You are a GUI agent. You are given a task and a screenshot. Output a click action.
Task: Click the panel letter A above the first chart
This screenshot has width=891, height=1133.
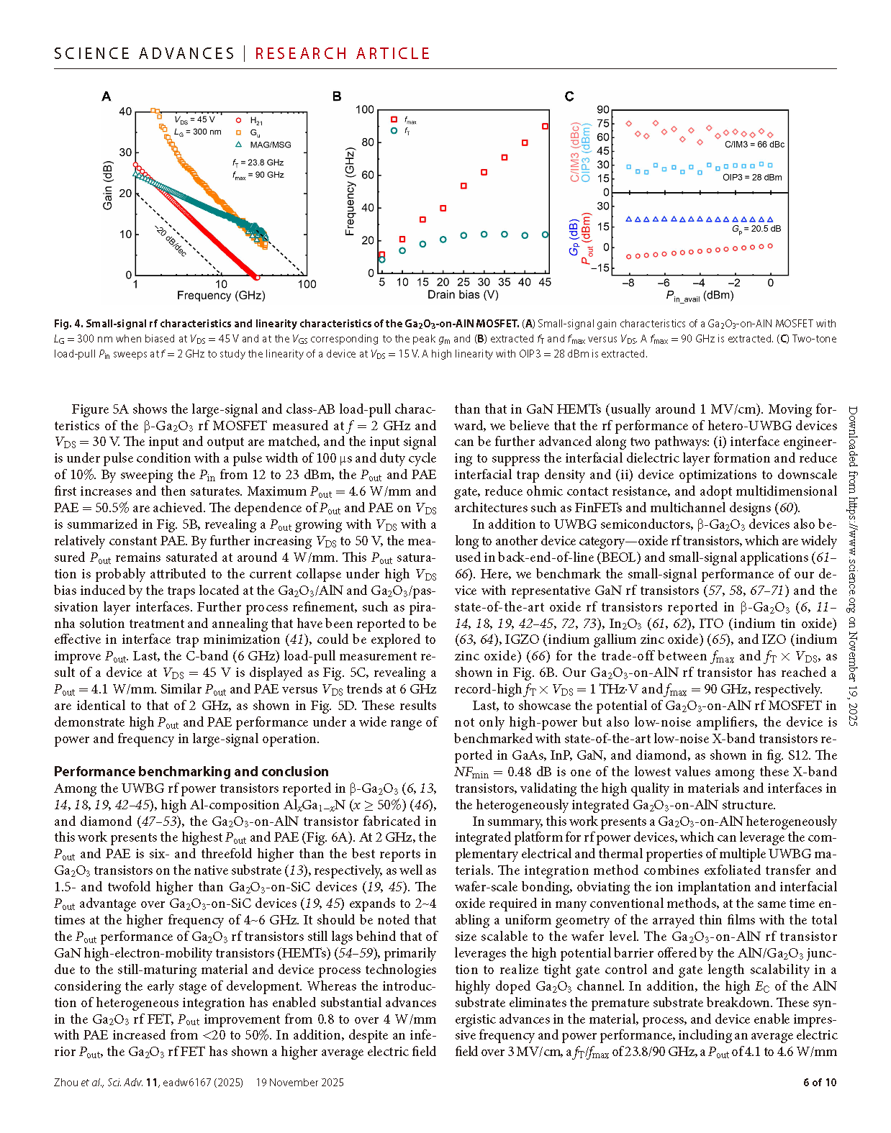coord(107,96)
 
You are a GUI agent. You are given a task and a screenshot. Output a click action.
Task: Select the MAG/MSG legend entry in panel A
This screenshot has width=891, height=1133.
coord(271,145)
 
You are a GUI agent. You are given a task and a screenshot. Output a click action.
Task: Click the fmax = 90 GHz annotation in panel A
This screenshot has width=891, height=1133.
coord(258,175)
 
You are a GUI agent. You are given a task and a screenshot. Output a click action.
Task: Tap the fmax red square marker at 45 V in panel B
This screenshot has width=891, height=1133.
coord(545,127)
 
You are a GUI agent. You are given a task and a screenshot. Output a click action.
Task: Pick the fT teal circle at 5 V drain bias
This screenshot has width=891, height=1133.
coord(382,259)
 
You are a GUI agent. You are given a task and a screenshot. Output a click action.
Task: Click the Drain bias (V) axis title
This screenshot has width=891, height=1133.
coord(463,295)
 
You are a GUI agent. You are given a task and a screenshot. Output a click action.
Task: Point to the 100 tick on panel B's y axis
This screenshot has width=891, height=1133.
coord(365,110)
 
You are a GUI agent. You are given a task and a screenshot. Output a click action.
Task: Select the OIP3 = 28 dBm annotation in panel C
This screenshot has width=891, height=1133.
coord(752,178)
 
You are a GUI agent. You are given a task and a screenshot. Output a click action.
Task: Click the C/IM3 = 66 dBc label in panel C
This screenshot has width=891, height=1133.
coord(754,145)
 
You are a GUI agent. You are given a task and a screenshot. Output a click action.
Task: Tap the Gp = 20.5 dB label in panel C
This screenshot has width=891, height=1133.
coord(756,229)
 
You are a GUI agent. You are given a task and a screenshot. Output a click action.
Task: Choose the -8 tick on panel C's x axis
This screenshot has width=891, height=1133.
coord(628,283)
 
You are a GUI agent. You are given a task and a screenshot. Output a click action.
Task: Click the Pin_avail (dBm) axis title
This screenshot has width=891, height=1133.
coord(700,296)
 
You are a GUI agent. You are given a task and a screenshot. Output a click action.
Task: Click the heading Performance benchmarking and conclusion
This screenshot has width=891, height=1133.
coord(191,772)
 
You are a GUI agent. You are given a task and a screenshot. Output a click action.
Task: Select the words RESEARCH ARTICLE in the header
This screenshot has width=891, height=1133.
coord(343,54)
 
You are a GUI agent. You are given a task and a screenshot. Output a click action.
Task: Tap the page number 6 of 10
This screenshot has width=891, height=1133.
coord(820,1083)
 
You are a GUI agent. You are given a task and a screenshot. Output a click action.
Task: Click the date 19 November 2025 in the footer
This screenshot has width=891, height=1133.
coord(300,1083)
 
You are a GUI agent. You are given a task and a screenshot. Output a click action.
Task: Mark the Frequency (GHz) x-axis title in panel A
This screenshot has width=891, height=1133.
coord(221,296)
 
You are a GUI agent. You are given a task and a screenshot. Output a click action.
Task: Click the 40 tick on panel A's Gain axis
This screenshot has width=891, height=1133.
coord(125,112)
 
